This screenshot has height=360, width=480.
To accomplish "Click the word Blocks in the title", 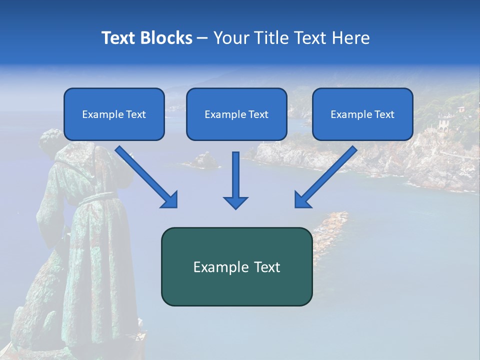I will click(167, 38).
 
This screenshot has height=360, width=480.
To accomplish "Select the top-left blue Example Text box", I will click(114, 114).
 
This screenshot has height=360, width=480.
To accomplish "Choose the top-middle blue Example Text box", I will click(236, 114).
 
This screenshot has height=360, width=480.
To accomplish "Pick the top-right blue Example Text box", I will click(362, 114).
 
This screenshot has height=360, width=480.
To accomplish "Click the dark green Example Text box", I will click(236, 267).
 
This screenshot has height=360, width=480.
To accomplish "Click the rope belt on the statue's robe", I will click(95, 197).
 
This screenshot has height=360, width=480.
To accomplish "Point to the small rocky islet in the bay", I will click(202, 160).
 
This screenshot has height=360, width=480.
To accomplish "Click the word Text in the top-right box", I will click(384, 114).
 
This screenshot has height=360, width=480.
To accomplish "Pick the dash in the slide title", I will click(202, 38).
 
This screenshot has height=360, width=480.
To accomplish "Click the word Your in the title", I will click(230, 38).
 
